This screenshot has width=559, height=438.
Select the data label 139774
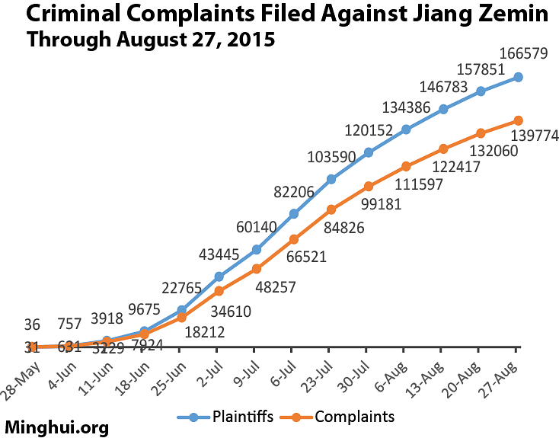[535, 136]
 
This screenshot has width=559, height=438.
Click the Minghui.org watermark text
[57, 427]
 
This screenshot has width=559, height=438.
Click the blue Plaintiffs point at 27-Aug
[518, 77]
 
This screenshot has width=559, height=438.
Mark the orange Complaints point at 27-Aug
[518, 120]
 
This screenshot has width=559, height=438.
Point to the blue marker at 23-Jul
[331, 180]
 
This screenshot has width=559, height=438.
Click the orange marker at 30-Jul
[369, 186]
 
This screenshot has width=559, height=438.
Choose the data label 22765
[185, 287]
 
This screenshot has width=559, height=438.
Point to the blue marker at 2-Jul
[219, 276]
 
